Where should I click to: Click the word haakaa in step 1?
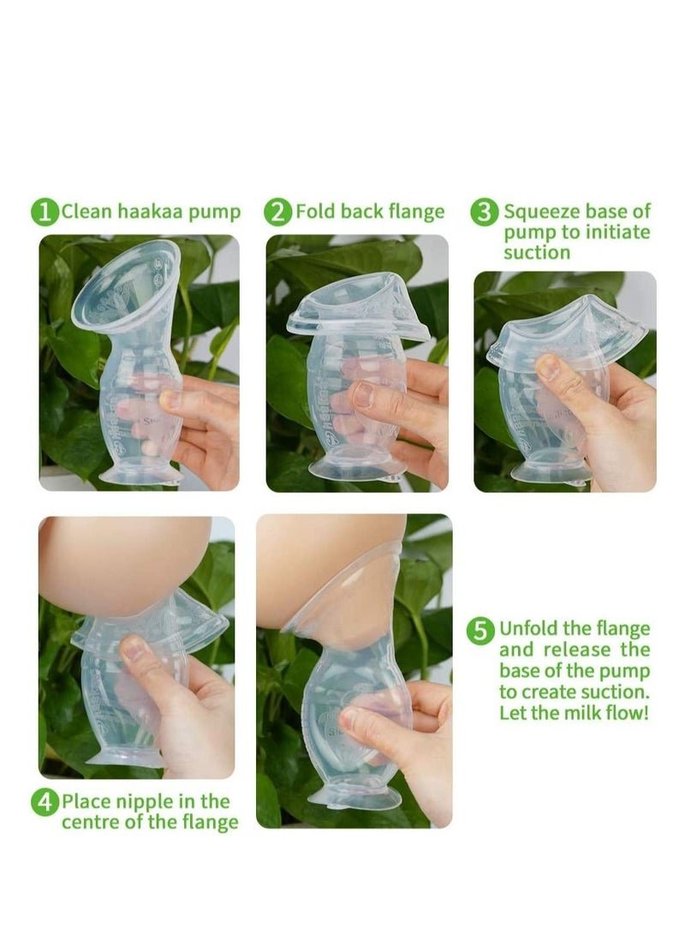[150, 212]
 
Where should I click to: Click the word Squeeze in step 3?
[541, 213]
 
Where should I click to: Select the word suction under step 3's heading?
[537, 252]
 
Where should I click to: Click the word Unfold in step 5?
[529, 628]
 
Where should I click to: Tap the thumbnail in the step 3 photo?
[549, 368]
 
